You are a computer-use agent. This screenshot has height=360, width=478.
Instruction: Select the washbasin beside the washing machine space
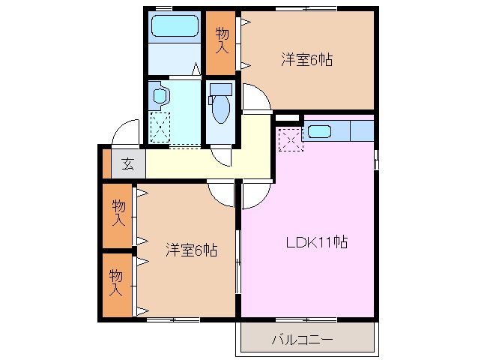160,95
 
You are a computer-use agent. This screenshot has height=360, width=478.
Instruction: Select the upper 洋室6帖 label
306,60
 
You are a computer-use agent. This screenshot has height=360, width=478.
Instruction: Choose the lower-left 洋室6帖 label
191,250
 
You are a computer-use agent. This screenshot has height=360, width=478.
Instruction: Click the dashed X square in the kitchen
289,139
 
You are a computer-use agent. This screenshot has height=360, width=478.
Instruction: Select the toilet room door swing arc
223,156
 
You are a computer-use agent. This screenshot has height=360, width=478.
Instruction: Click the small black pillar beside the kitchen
287,118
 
